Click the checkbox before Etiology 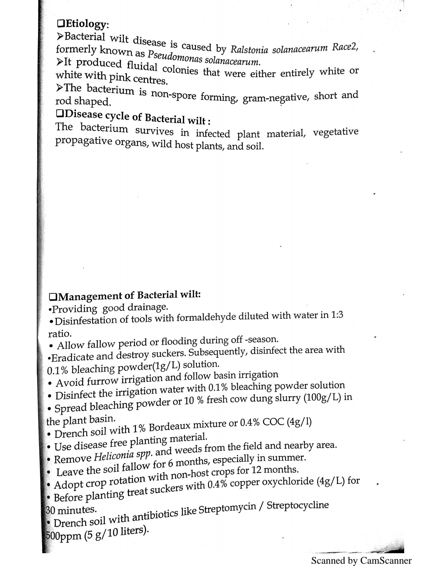60,23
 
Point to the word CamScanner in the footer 385,561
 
